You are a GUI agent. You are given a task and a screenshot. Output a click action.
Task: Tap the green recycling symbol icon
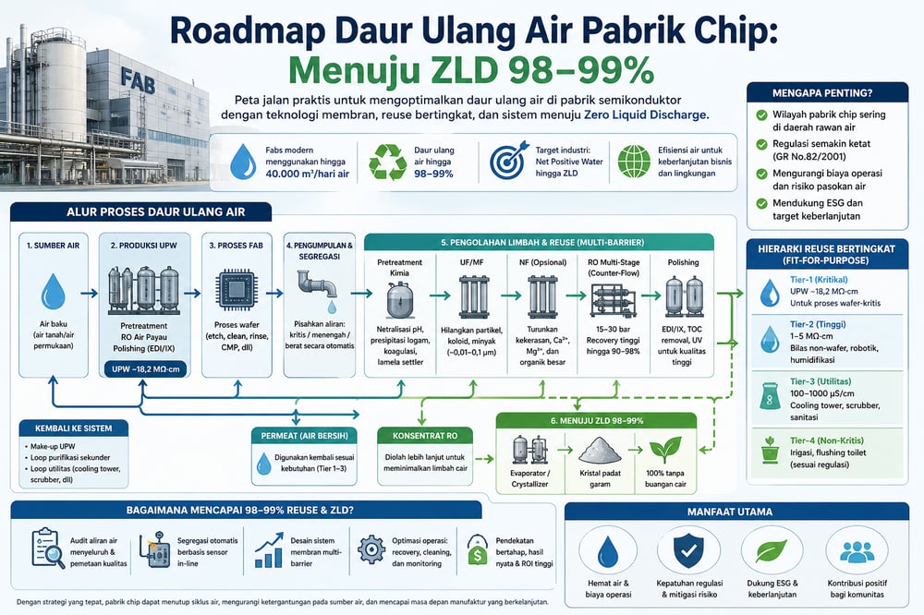(387, 159)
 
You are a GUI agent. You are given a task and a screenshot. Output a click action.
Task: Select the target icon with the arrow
(506, 159)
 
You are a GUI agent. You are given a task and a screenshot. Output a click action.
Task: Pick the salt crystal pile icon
(602, 450)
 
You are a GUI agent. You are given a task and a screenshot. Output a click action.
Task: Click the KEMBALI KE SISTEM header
(67, 428)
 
